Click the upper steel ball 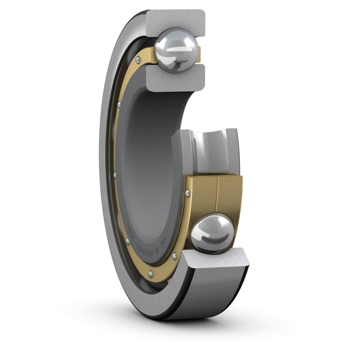coord(176,50)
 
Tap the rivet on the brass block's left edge coord(188,193)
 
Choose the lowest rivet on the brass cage coord(174,256)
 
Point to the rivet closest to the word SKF coord(174,256)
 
